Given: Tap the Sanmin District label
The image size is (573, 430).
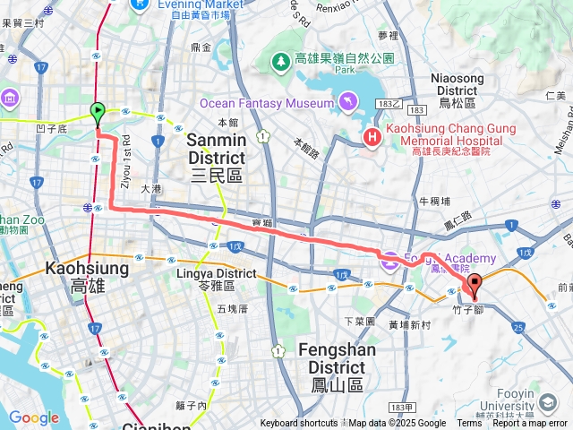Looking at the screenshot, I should (x=216, y=158).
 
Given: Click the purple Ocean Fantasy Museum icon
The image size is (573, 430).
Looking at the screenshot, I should (x=346, y=102).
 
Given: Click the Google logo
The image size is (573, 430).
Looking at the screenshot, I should (x=33, y=417).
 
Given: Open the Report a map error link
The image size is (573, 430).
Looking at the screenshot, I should (x=529, y=424).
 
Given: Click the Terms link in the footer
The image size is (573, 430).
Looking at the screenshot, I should (x=469, y=424).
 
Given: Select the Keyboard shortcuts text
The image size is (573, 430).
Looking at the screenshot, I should (x=299, y=424).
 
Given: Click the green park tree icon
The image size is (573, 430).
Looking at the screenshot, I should (x=281, y=60).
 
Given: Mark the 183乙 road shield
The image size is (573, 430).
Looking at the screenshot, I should (x=386, y=104).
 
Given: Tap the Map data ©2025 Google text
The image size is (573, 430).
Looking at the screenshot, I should (x=398, y=424).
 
